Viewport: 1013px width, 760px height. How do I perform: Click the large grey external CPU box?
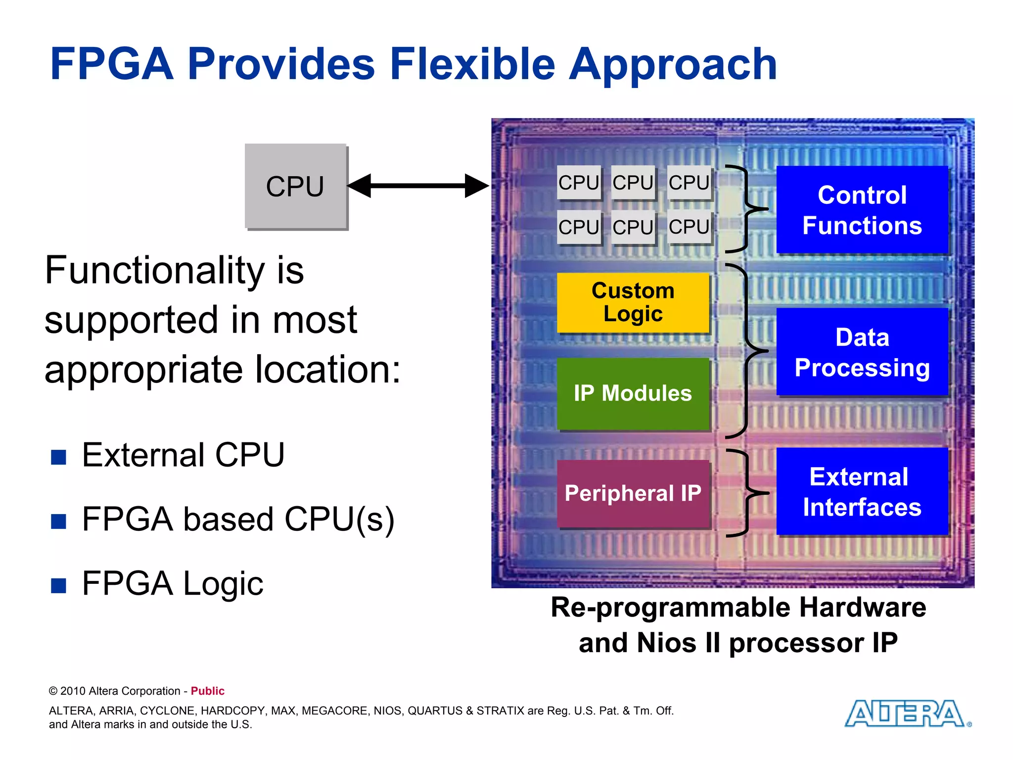(295, 186)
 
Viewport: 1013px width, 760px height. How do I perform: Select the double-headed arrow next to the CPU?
(418, 186)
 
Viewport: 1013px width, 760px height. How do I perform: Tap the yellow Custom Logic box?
(633, 302)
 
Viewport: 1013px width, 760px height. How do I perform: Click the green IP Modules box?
(633, 393)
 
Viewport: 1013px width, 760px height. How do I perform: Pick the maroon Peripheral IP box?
(633, 493)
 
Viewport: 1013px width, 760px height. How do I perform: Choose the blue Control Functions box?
(862, 209)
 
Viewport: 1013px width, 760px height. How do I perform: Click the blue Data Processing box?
(862, 351)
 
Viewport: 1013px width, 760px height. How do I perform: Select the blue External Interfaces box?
(862, 491)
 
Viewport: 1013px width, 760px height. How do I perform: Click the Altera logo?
(905, 713)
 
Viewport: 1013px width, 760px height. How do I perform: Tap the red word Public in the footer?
(207, 691)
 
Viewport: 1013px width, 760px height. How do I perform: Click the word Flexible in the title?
(472, 64)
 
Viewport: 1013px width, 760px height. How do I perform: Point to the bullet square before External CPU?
(58, 457)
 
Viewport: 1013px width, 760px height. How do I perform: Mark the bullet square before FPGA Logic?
(58, 585)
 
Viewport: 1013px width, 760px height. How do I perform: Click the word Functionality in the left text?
(154, 271)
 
